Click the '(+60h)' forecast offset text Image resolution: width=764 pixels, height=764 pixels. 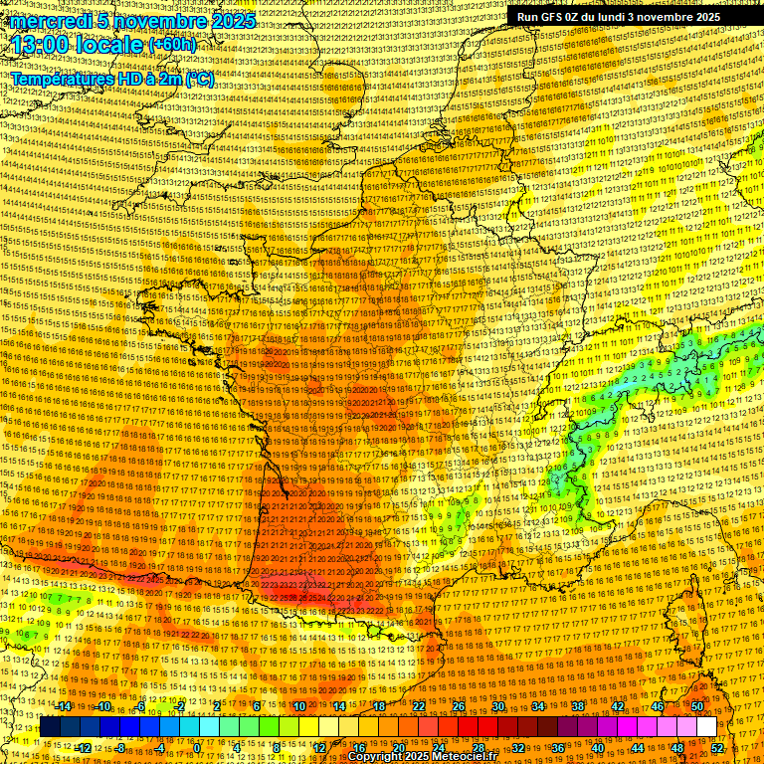172,46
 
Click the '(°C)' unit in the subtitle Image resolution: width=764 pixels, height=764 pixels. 199,80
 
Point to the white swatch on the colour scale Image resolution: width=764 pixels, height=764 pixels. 706,727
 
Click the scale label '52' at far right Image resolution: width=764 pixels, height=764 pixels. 718,748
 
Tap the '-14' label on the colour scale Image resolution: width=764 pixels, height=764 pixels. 65,706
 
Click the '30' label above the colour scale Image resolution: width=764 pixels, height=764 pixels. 497,706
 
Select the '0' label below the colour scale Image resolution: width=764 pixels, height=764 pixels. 197,748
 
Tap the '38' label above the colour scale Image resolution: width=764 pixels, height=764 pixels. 577,706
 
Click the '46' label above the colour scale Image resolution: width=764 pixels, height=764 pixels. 657,706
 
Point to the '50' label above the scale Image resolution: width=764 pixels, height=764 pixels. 696,706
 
